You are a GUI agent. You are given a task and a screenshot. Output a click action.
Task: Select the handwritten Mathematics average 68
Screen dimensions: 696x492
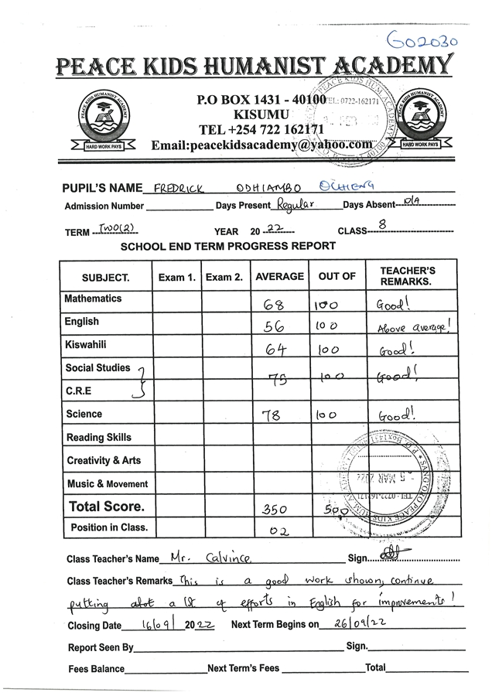coord(274,305)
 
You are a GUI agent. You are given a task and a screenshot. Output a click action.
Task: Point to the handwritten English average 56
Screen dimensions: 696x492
coord(275,327)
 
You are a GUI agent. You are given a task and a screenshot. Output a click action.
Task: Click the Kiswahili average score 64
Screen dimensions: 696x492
coord(276,350)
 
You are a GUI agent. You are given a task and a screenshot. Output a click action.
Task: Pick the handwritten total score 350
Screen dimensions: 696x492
coord(275,510)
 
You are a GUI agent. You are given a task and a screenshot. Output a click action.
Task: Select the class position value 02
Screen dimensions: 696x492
coord(277,531)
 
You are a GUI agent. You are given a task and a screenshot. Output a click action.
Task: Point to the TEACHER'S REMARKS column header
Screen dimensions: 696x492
coord(408,276)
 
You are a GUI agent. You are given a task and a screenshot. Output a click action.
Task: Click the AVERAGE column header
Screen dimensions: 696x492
coord(279,277)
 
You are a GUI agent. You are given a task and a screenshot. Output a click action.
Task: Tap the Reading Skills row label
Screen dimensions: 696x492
coord(98,438)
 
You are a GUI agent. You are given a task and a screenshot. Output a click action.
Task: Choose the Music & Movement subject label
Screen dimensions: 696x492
coord(107,484)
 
